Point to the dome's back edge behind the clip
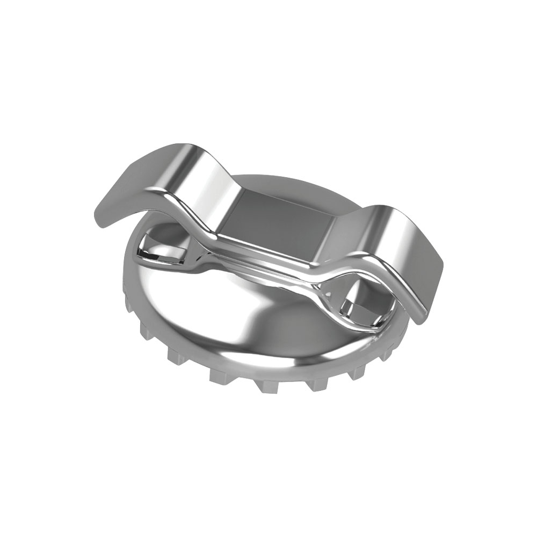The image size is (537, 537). click(279, 180)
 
